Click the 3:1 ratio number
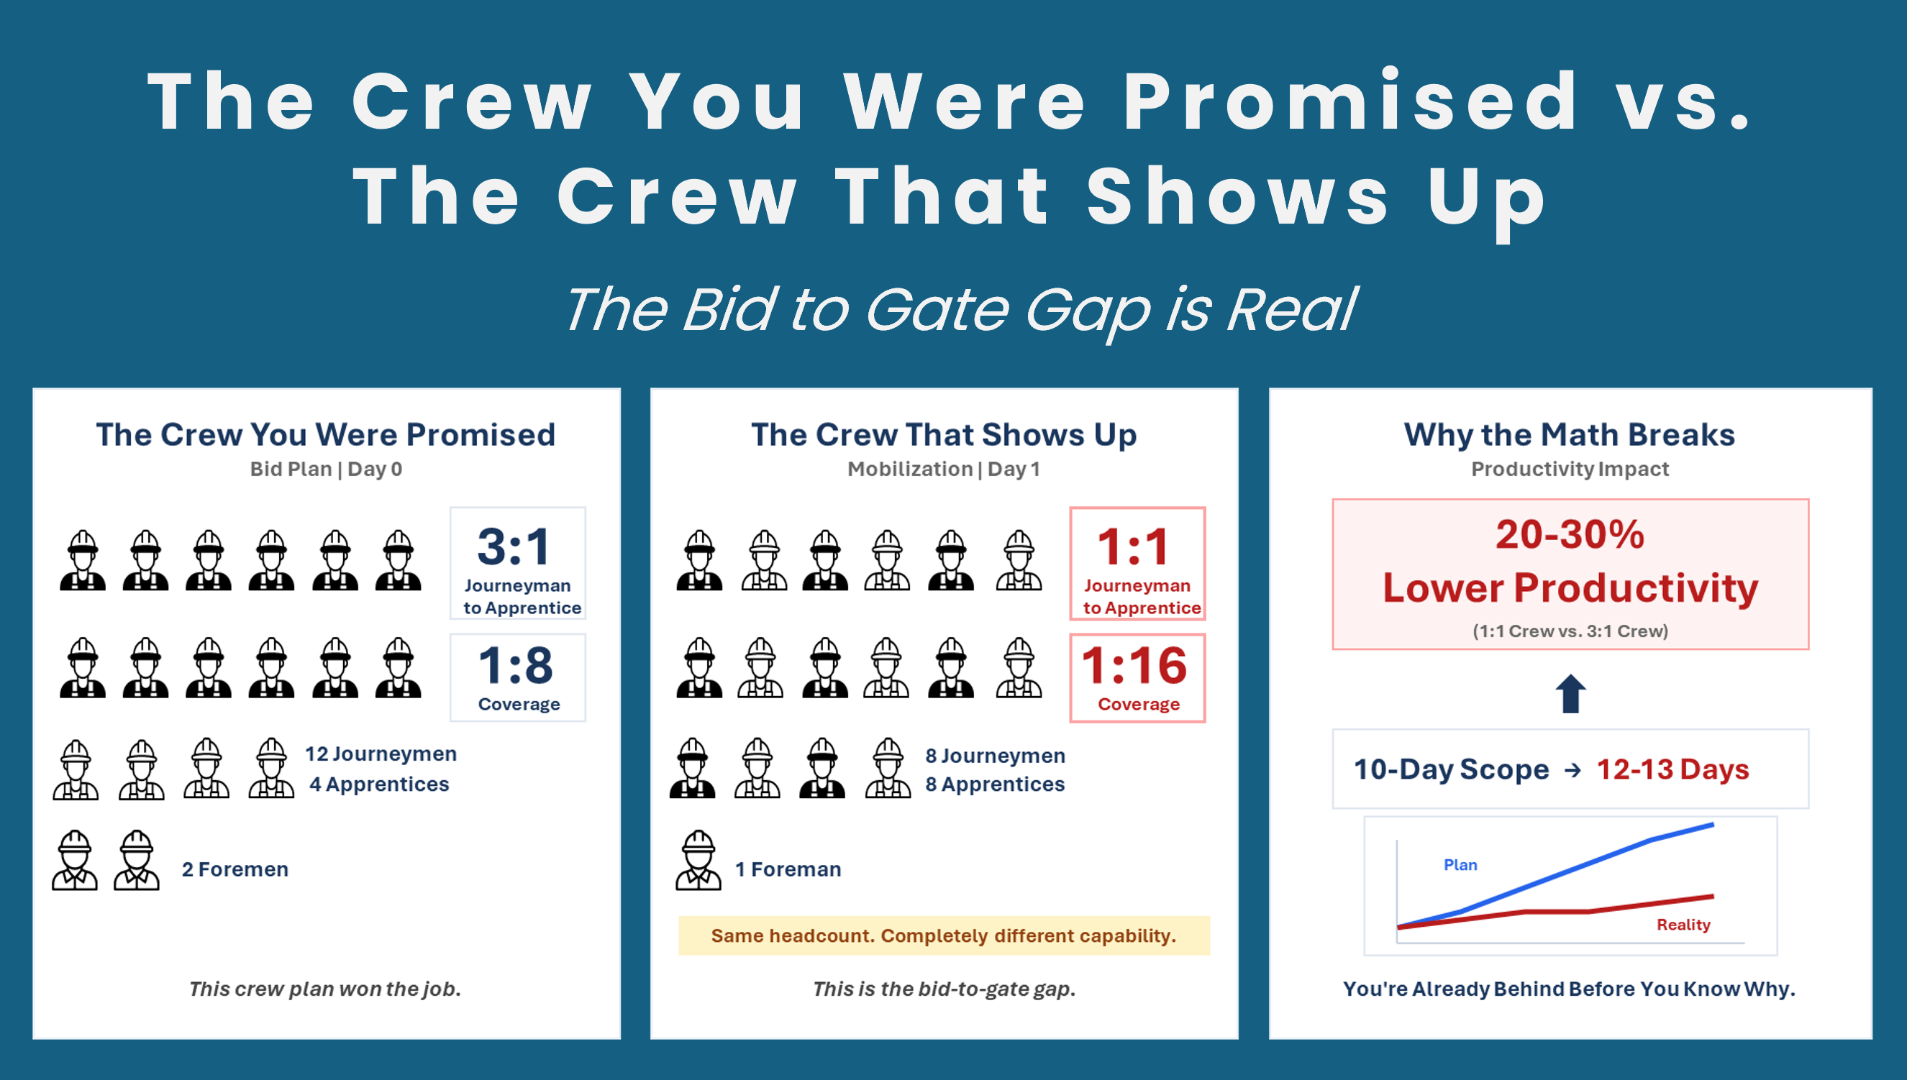coord(514,547)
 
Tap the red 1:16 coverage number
coord(1134,665)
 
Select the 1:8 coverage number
coord(516,665)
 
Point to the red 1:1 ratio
coord(1133,547)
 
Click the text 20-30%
coord(1570,535)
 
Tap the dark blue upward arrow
coord(1570,694)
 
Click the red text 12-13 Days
coord(1672,769)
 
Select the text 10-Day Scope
coord(1452,769)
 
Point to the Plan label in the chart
coord(1460,865)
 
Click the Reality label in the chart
coord(1683,924)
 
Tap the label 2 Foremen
coord(235,869)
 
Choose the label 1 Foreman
coord(787,869)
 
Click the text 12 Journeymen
coord(381,754)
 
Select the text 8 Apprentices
coord(994,784)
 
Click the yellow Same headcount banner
coord(943,935)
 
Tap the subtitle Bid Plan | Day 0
coord(326,469)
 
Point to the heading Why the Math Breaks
coord(1570,435)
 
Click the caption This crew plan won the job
coord(325,989)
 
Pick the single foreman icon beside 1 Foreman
coord(698,861)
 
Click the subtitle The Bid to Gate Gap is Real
coord(961,309)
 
